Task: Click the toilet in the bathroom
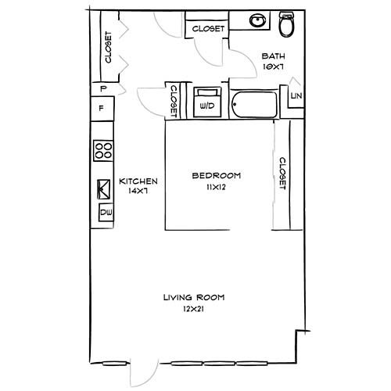click(287, 24)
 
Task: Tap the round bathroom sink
click(257, 20)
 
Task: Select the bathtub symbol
click(254, 105)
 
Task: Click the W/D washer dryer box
click(207, 102)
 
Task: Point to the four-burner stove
click(103, 151)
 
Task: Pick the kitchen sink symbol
click(104, 189)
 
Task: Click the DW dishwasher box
click(106, 212)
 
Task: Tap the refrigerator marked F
click(102, 108)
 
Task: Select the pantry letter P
click(103, 89)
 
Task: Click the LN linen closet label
click(296, 96)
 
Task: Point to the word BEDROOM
click(217, 175)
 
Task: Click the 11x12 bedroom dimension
click(216, 187)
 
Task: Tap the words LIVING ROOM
click(194, 297)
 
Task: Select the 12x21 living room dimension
click(193, 309)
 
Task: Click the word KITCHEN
click(138, 181)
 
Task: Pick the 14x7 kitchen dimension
click(138, 191)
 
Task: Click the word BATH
click(273, 56)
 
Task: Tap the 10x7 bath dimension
click(273, 66)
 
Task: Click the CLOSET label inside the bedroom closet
click(282, 174)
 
